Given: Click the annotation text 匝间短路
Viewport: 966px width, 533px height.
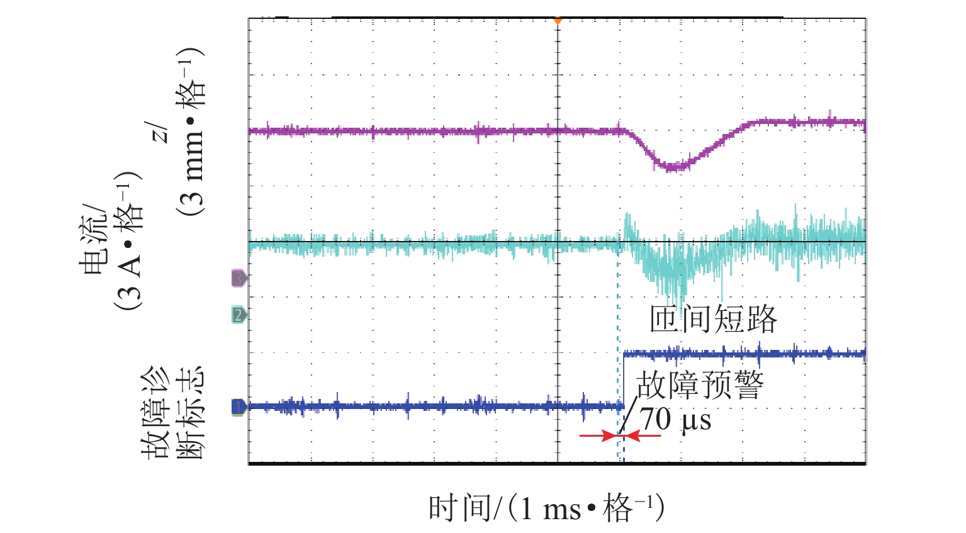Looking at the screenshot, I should point(713,320).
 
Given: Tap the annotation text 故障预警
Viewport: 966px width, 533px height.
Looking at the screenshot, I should point(700,385).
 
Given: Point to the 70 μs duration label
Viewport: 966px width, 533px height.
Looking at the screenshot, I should point(676,419).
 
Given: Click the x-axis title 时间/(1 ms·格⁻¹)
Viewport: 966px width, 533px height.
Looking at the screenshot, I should point(546,508).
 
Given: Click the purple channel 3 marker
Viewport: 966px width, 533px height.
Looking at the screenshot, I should point(239,278).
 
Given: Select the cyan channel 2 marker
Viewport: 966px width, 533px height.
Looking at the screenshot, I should point(239,315).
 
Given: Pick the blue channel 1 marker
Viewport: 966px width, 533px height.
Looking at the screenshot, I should point(239,407).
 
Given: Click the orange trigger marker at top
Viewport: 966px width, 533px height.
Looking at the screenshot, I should point(557,21).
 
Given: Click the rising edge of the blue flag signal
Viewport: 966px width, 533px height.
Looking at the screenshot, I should point(623,380).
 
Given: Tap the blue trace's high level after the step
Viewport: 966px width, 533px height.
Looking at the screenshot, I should point(743,354).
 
